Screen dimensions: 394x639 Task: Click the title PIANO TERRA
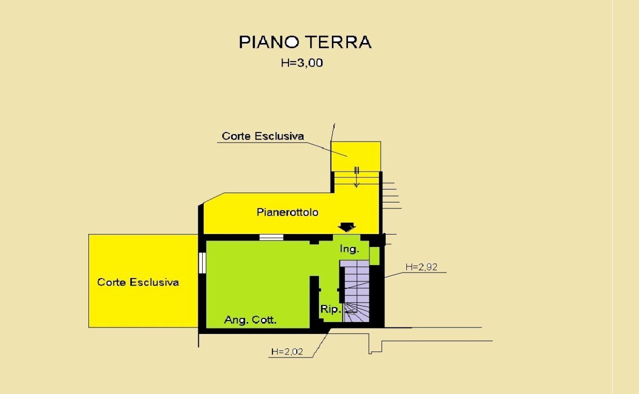(x=305, y=42)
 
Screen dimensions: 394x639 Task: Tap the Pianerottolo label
(x=288, y=212)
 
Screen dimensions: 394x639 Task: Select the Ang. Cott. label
(x=250, y=320)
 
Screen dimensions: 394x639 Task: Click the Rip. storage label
(x=330, y=309)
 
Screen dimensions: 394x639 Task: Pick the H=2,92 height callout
(x=421, y=267)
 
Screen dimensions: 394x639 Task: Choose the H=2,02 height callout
(x=287, y=351)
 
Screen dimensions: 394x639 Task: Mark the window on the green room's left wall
(x=202, y=263)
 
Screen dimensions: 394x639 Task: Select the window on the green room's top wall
(x=271, y=237)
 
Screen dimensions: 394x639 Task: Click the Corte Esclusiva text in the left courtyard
(x=138, y=282)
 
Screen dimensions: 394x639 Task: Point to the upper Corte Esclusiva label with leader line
(x=263, y=136)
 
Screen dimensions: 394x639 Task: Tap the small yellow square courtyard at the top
(x=356, y=155)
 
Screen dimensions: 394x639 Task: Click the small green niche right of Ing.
(x=374, y=255)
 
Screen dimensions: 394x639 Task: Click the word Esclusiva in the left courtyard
(x=154, y=282)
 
